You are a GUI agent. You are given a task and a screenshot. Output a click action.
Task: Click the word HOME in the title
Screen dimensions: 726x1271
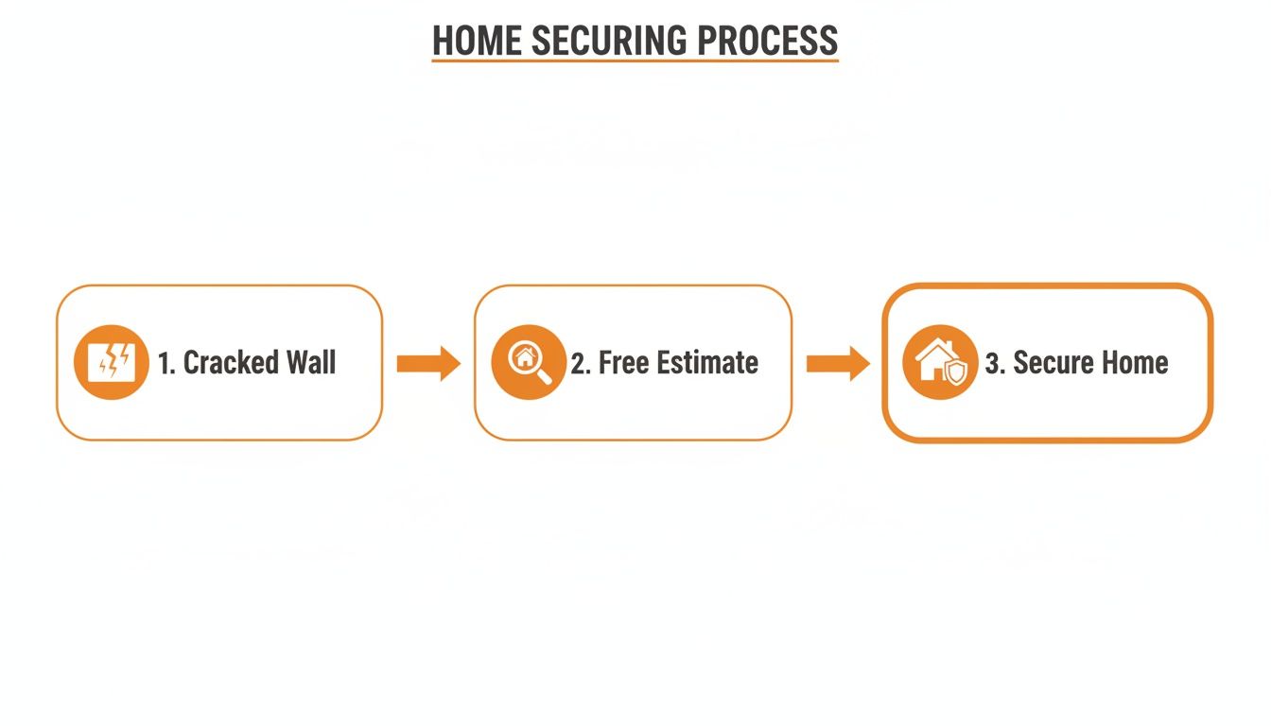coord(478,41)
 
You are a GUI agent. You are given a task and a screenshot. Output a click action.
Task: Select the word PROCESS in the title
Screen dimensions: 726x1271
coord(768,41)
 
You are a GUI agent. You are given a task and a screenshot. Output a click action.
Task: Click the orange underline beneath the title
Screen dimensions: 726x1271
coord(635,61)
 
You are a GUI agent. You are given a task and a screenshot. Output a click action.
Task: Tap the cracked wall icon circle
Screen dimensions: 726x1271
coord(112,363)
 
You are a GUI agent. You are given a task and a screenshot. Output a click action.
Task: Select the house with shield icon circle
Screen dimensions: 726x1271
coord(940,363)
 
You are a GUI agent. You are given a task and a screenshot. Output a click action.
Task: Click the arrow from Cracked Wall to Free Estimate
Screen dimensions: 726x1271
coord(427,363)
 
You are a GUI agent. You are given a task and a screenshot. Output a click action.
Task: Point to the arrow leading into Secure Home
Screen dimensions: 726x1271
coord(838,363)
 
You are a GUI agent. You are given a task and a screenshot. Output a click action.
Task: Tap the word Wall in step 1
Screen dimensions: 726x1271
coord(311,363)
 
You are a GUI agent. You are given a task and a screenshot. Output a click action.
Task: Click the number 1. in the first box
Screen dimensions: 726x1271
coord(166,364)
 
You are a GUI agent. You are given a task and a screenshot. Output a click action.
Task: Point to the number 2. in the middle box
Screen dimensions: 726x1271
coord(581,364)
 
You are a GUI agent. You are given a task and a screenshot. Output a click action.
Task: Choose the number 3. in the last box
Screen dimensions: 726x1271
coord(994,364)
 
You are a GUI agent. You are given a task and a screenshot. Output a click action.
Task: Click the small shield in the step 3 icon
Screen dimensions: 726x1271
coord(957,372)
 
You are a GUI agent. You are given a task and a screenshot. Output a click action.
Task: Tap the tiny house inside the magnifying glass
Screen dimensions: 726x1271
coord(523,357)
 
